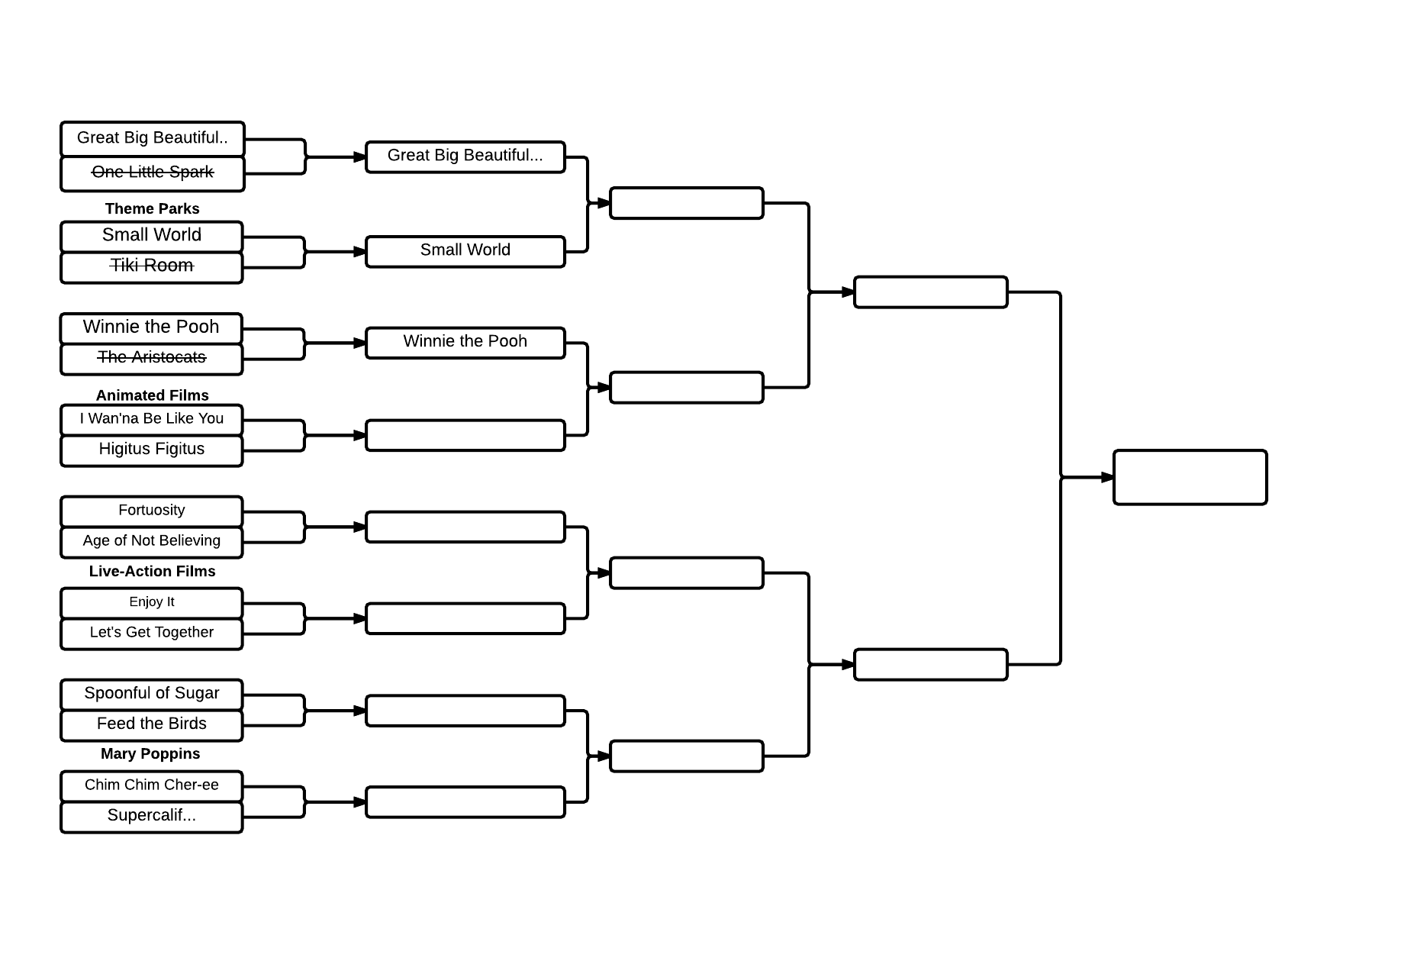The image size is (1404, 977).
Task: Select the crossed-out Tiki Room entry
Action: (152, 267)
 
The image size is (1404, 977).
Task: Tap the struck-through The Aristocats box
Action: (152, 359)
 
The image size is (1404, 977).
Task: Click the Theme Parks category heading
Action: (153, 209)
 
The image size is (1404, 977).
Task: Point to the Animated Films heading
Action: (153, 395)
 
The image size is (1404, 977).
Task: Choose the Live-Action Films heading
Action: (153, 571)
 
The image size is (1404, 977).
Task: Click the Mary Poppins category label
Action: (150, 754)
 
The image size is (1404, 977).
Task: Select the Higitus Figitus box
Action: (152, 450)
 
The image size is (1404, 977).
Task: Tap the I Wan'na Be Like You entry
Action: (152, 420)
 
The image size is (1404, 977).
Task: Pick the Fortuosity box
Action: (152, 511)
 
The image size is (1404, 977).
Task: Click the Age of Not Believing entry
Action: (152, 542)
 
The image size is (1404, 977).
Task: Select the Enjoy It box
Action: (152, 603)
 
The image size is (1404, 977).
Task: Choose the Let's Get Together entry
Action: (152, 634)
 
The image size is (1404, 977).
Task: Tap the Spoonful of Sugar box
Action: (152, 695)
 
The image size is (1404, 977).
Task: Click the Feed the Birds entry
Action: (152, 725)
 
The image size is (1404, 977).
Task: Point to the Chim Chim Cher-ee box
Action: (152, 786)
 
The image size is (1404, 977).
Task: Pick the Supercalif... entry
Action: (152, 817)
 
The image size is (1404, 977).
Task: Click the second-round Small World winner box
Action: (465, 252)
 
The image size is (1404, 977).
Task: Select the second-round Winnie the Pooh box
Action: (465, 343)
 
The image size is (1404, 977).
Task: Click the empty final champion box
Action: (1190, 477)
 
